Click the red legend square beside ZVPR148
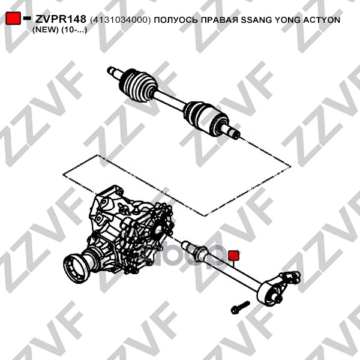(13, 18)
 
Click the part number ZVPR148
(61, 20)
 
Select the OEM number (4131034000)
(121, 20)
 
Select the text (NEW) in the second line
(46, 30)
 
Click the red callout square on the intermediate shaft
(234, 256)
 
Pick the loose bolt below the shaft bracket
(240, 307)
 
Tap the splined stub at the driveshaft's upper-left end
(114, 71)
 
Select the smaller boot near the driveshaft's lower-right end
(204, 116)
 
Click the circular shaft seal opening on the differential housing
(158, 229)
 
